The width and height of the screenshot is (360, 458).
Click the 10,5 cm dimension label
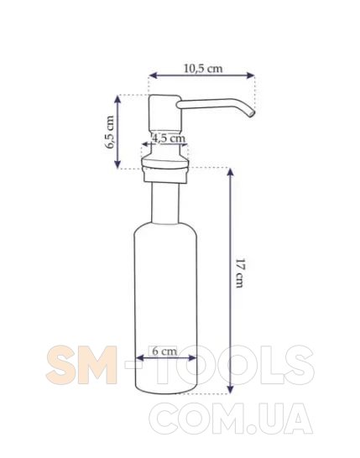[203, 68]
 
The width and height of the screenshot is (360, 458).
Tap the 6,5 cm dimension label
[110, 132]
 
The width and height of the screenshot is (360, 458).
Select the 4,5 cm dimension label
[170, 138]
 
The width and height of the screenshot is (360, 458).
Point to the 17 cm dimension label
[239, 273]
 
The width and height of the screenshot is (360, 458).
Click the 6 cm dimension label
[164, 351]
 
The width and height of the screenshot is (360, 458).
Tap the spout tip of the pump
[251, 113]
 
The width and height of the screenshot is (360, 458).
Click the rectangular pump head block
[164, 112]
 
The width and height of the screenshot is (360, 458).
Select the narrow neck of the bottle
[165, 203]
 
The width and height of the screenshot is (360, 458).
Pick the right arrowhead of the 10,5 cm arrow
[250, 75]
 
